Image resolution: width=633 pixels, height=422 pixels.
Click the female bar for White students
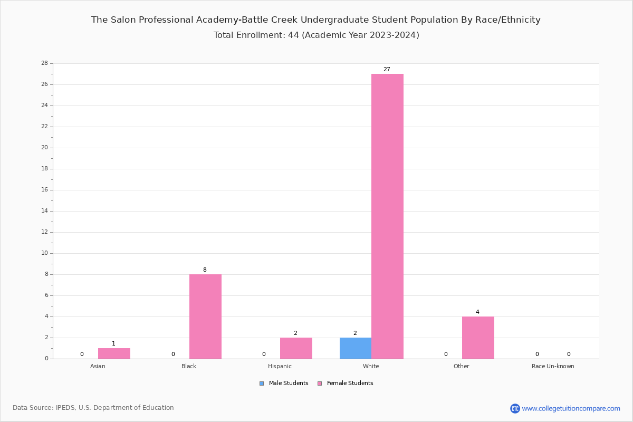pyautogui.click(x=387, y=216)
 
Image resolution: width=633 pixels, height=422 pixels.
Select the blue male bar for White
pyautogui.click(x=355, y=348)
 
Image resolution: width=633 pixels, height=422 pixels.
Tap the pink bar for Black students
pyautogui.click(x=205, y=316)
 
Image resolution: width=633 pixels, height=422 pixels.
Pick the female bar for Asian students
pyautogui.click(x=114, y=353)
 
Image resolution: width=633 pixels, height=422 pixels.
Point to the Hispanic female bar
pyautogui.click(x=296, y=348)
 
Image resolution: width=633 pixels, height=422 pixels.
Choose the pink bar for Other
pyautogui.click(x=478, y=338)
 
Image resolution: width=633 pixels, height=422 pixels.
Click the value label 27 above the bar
pyautogui.click(x=387, y=70)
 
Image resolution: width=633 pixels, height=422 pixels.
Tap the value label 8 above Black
pyautogui.click(x=205, y=270)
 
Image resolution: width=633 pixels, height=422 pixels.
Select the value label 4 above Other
pyautogui.click(x=477, y=312)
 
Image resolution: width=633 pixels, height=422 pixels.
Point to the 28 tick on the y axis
pyautogui.click(x=44, y=63)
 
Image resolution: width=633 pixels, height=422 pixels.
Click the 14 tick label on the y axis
pyautogui.click(x=44, y=211)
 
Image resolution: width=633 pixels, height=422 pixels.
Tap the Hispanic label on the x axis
pyautogui.click(x=280, y=366)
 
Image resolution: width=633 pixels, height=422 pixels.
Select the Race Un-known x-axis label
pyautogui.click(x=553, y=366)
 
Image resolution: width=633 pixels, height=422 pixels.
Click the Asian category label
pyautogui.click(x=98, y=366)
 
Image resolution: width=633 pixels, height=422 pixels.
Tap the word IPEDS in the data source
pyautogui.click(x=68, y=408)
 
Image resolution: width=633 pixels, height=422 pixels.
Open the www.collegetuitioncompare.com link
pyautogui.click(x=571, y=408)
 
